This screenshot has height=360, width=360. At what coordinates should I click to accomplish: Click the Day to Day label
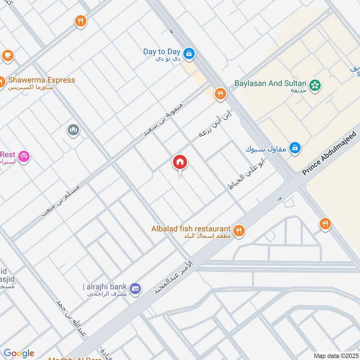click(x=162, y=52)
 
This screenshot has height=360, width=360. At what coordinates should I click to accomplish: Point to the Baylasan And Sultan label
click(x=270, y=83)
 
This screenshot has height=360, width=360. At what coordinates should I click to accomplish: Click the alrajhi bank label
click(x=106, y=287)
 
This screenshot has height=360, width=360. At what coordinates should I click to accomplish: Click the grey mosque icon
click(x=73, y=130)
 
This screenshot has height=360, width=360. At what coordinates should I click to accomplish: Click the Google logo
click(x=18, y=353)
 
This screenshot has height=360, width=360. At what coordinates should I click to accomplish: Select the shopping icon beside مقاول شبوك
click(x=295, y=147)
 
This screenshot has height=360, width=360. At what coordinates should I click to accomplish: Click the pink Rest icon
click(x=24, y=156)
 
